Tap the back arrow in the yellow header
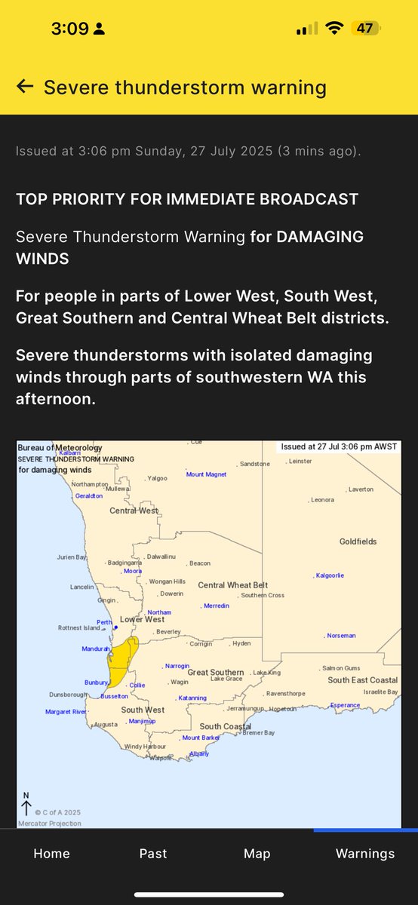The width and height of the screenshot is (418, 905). pos(25,87)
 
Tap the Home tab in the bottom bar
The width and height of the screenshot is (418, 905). pos(51,853)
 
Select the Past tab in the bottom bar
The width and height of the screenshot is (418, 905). pos(153,853)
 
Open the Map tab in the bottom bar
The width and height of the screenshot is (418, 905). pos(257,853)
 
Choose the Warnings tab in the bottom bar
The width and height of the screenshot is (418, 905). pos(365,853)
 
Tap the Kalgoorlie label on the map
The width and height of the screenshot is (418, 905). pos(330,575)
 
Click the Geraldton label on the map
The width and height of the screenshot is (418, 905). pos(89,496)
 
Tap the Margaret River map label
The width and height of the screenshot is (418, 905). pos(66,712)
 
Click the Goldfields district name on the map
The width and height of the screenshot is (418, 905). pos(357,541)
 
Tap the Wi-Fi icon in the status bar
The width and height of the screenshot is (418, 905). pos(333,29)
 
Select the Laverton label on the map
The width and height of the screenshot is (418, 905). pos(360,489)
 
